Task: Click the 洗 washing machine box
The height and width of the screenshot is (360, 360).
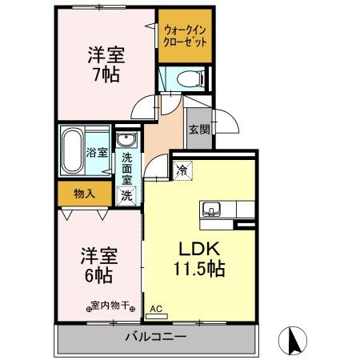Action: (126, 194)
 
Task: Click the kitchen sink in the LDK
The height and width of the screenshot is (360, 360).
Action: (212, 210)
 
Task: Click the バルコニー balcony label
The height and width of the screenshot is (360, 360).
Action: (155, 337)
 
